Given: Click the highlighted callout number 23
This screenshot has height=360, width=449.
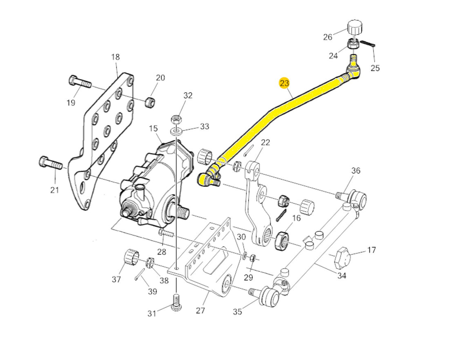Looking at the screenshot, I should pos(285,83).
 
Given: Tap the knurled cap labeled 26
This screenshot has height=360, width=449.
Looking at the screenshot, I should pos(355,28).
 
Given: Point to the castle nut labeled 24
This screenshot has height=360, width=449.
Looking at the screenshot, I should pos(353,43).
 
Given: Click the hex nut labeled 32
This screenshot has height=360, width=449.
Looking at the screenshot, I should pos(176,120).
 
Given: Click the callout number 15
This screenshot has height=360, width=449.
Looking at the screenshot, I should pos(153,129).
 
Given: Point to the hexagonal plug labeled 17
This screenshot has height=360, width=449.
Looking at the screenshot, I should pos(342,257).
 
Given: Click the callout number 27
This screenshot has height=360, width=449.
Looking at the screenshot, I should pos(200,310).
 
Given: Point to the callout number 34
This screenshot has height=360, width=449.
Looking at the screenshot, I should pos(342,276).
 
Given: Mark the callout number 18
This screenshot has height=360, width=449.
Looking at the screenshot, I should pos(116,57).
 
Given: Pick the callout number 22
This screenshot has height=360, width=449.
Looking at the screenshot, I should pos(265,142).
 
